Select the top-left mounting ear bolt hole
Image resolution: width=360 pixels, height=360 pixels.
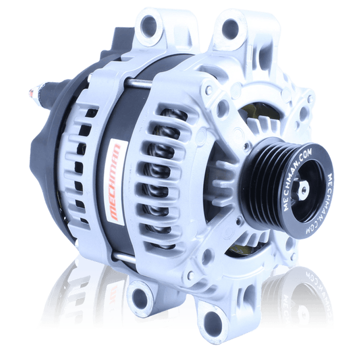[149, 26]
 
